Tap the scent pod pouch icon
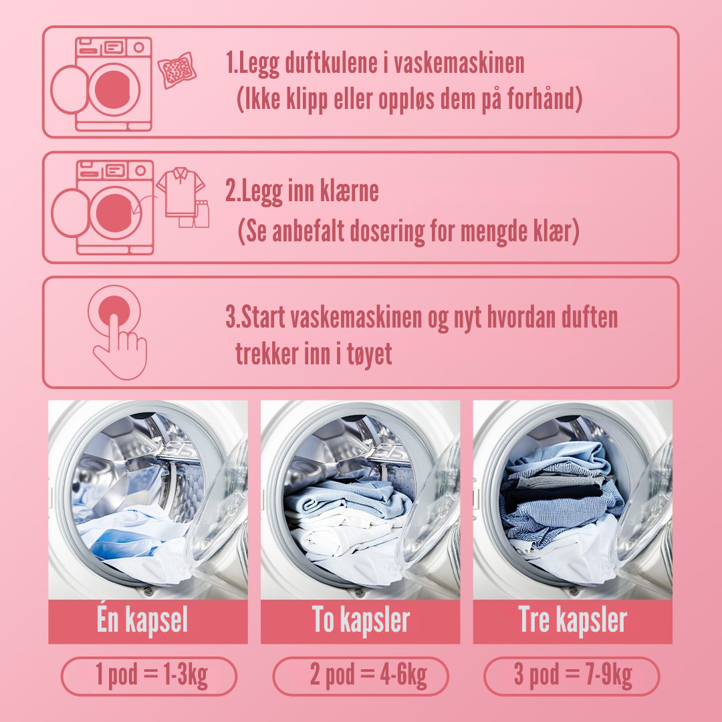pyautogui.click(x=177, y=70)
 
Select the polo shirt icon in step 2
pyautogui.click(x=180, y=192)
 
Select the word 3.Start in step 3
pyautogui.click(x=255, y=318)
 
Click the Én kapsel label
pyautogui.click(x=142, y=620)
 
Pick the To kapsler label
pyautogui.click(x=360, y=620)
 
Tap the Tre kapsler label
pyautogui.click(x=572, y=620)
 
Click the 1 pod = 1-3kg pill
pyautogui.click(x=149, y=676)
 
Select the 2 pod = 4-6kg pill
pyautogui.click(x=360, y=676)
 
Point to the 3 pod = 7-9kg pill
pyautogui.click(x=572, y=676)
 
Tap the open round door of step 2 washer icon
pyautogui.click(x=70, y=213)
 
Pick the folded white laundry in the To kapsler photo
pyautogui.click(x=341, y=536)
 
